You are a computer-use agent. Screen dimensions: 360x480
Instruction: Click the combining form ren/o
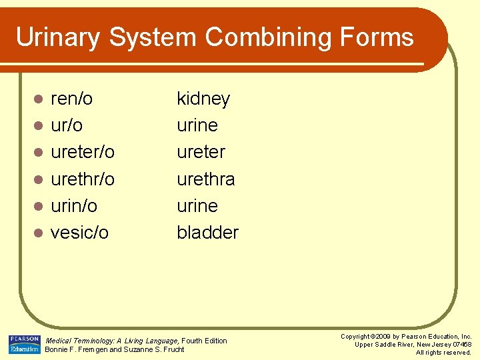pos(71,99)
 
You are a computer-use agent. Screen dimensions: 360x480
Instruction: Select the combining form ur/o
pos(67,126)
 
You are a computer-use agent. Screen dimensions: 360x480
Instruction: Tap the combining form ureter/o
pos(83,153)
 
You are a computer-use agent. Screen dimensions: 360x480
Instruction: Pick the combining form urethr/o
pos(83,179)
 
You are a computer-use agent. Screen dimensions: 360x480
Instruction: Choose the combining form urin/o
pos(73,206)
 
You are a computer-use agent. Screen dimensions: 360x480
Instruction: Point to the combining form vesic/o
pos(79,233)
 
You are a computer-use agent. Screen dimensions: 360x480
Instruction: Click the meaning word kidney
pos(203,99)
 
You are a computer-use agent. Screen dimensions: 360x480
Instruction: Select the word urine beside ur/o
pos(197,126)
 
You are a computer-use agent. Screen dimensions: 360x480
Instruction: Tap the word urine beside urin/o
pos(197,206)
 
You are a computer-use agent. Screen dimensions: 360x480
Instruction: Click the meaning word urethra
pos(205,179)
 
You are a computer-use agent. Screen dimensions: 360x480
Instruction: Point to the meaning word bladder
pos(207,233)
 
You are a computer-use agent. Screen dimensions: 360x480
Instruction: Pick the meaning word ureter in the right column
pos(201,153)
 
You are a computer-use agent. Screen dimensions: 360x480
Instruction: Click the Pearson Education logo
pos(24,344)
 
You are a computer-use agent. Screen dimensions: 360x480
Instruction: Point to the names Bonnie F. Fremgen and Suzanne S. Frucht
pos(114,349)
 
